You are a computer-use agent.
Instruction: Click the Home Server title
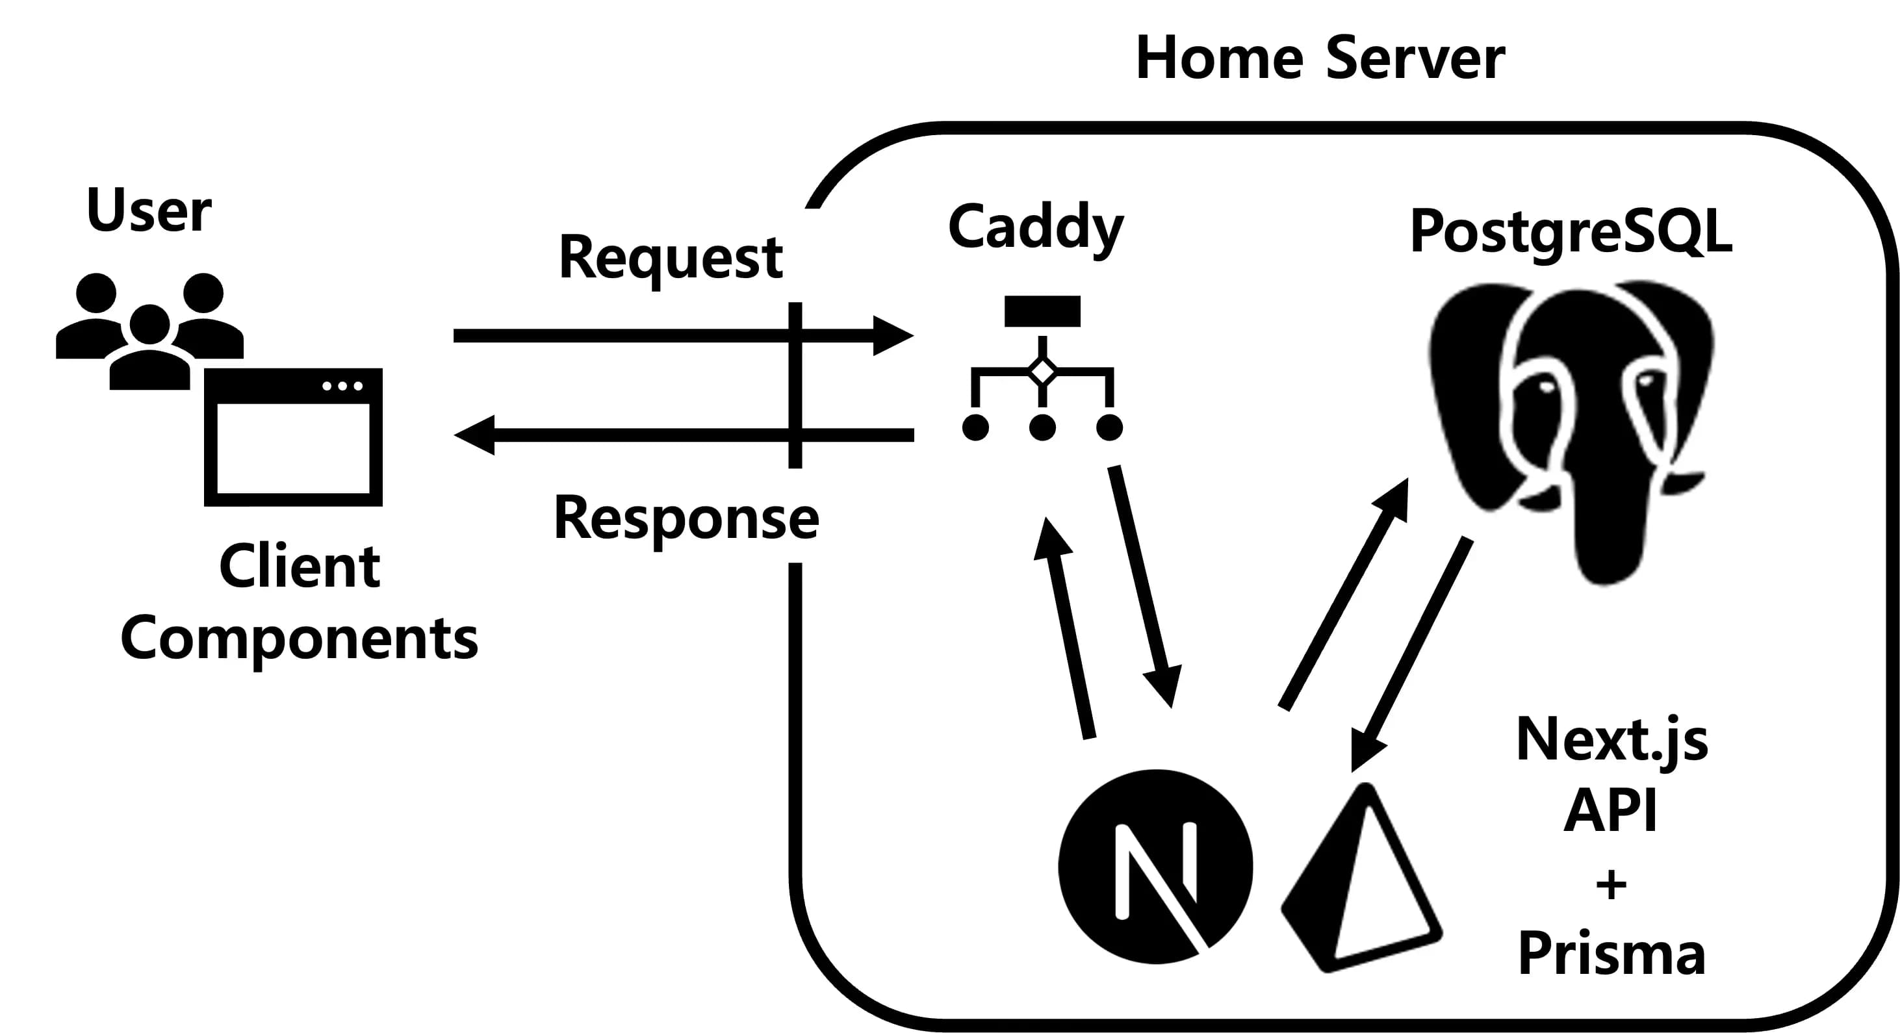(1320, 58)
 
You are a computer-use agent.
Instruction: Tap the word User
(149, 210)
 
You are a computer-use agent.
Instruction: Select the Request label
(670, 258)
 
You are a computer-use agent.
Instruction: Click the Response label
(686, 518)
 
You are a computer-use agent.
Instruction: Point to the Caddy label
(1036, 227)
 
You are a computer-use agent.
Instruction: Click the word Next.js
(1611, 739)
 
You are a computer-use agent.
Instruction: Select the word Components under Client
(299, 639)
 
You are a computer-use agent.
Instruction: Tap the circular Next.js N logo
(1155, 867)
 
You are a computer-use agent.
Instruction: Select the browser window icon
(294, 437)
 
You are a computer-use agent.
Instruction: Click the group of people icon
(149, 328)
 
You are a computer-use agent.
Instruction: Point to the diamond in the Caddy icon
(1042, 372)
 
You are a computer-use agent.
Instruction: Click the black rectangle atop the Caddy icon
(1042, 311)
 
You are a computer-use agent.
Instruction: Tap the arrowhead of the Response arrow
(474, 435)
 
